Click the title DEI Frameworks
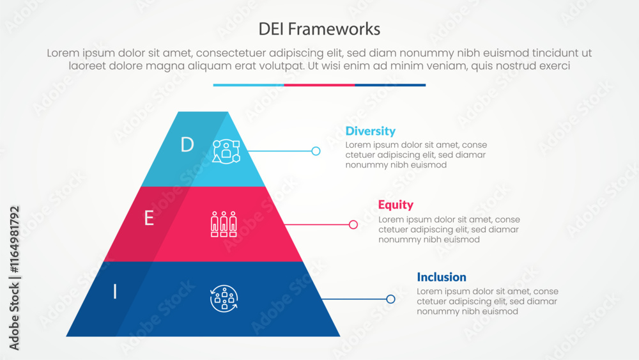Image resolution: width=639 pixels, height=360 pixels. point(319,29)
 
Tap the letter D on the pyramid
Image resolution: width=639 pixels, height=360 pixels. point(187,145)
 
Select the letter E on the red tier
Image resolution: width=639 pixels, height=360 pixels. point(149,219)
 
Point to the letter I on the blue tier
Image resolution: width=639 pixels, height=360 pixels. point(115,292)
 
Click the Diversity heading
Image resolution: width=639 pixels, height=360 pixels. point(370,131)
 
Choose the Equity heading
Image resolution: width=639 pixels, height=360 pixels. point(396,205)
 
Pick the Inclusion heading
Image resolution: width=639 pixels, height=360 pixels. point(441,277)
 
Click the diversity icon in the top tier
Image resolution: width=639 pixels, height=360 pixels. point(226,151)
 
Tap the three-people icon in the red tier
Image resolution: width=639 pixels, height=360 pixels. point(224,224)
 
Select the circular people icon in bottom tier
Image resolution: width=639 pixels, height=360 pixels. point(224,298)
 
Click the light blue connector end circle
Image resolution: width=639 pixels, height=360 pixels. point(316,151)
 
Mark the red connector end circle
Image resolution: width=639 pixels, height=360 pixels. point(353,224)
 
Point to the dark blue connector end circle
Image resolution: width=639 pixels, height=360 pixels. point(391,299)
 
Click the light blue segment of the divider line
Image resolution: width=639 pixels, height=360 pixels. point(249,85)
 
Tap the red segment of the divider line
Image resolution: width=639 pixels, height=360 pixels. point(319,85)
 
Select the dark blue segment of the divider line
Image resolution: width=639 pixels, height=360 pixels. point(390,85)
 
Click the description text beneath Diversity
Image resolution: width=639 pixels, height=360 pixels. point(416,155)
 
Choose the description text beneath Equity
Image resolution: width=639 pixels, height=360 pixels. point(449,230)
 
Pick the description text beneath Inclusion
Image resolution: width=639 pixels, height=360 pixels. point(487,302)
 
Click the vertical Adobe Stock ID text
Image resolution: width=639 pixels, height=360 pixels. point(14,278)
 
